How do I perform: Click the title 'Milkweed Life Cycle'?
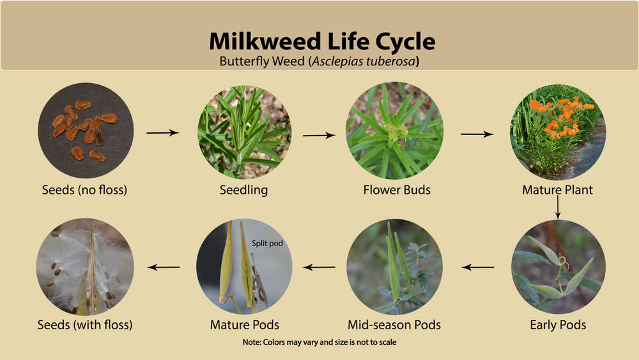pos(322,42)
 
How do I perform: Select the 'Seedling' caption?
pos(243,190)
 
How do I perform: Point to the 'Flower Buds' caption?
pos(397,190)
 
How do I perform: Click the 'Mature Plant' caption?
pos(557,190)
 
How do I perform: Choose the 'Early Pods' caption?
pos(558,325)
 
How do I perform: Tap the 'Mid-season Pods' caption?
pos(394,325)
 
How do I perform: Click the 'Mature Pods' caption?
pos(244,325)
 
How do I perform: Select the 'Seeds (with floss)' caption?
pos(86,325)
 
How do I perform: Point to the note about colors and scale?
pos(319,343)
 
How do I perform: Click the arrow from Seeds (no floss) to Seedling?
pos(162,133)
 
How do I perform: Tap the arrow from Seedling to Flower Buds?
pos(319,136)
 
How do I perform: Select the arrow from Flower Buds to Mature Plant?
pos(476,134)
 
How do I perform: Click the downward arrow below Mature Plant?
pos(558,207)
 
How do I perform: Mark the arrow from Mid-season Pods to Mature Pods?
pos(319,267)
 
